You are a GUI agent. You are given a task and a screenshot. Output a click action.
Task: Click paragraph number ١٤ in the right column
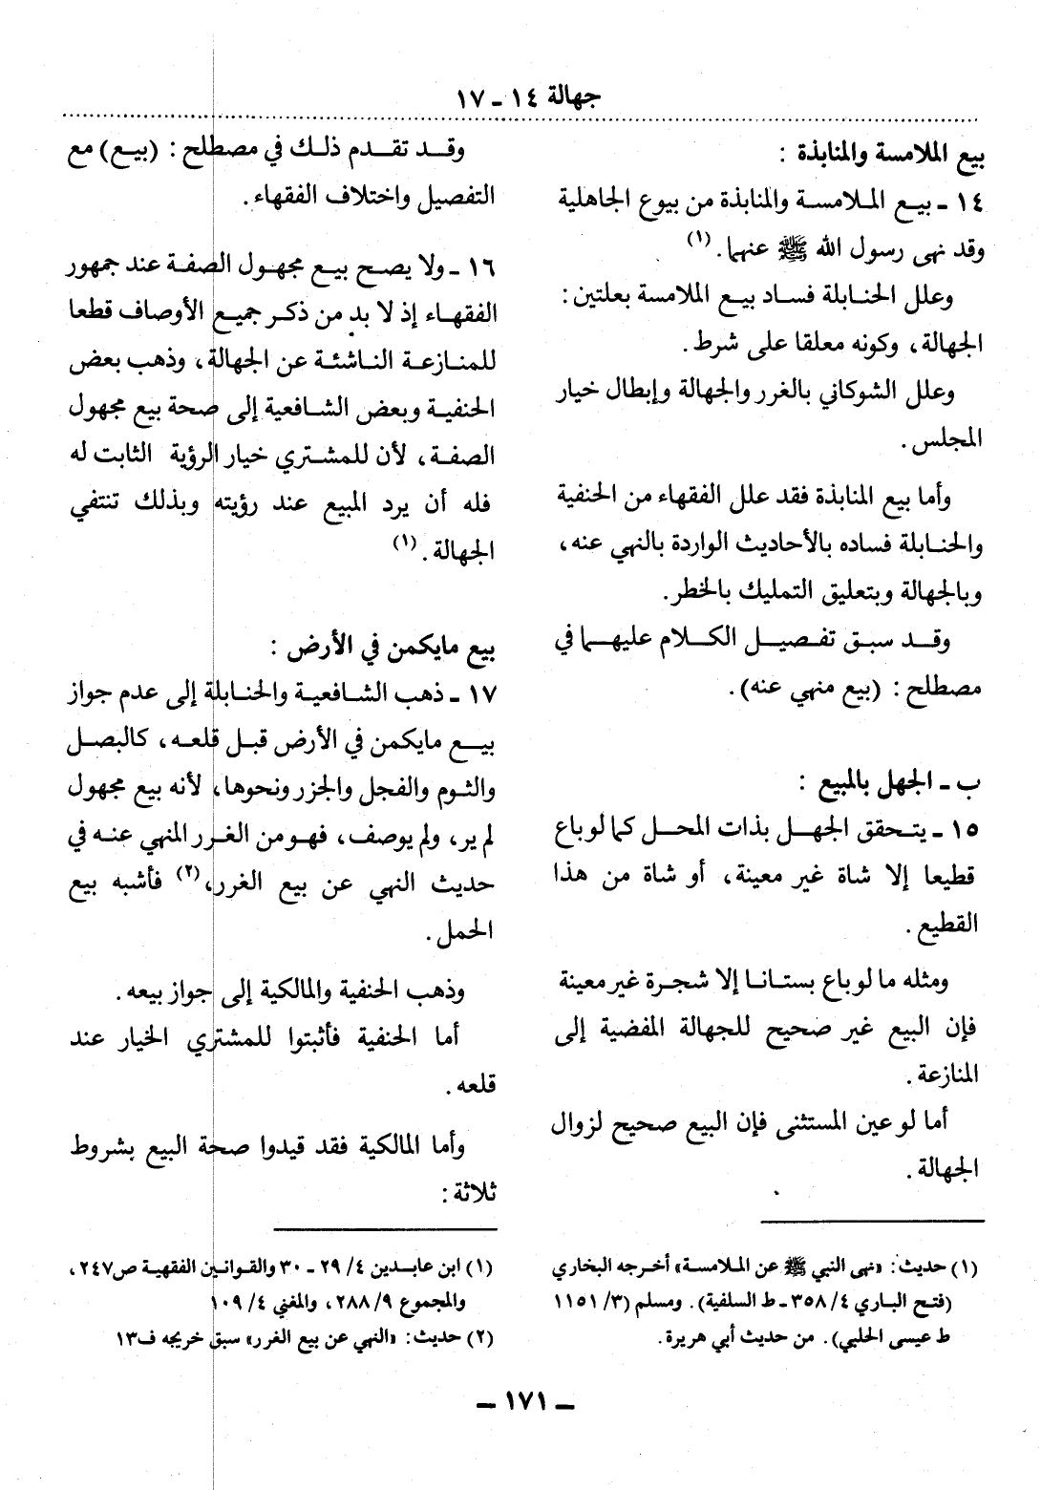(x=967, y=202)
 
